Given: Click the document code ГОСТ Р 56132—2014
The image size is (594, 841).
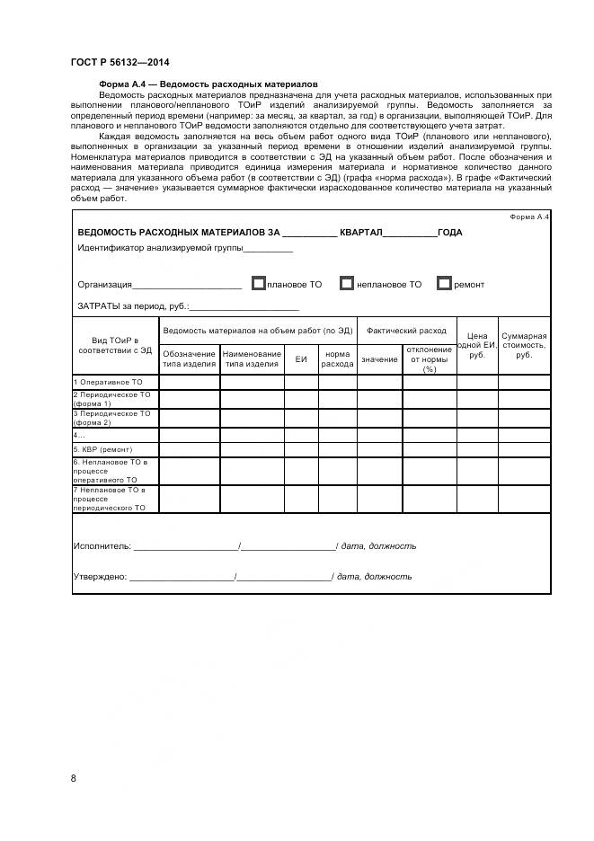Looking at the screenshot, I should point(120,62).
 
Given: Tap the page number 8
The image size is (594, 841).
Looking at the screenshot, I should point(73,777).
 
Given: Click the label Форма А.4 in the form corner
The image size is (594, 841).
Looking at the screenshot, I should point(528,217).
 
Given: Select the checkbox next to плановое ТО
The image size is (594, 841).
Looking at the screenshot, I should point(259,284).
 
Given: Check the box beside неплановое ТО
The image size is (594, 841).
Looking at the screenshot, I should point(346,284).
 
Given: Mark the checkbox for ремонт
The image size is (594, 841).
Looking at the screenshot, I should point(443,284).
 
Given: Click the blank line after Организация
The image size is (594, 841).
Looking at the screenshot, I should point(187,286).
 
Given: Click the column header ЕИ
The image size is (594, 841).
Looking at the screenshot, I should point(301,359).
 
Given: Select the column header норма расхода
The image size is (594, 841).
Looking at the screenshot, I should point(337,359).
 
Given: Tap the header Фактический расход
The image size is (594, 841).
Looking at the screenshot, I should point(406,331).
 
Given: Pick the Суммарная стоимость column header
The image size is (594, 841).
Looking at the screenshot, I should point(524,345).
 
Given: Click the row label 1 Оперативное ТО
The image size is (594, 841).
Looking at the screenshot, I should point(107,382).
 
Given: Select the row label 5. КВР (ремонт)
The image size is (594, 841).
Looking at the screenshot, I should point(102,449).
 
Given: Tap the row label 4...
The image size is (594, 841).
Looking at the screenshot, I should point(79,435).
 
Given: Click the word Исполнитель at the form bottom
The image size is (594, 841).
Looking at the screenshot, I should point(101,545).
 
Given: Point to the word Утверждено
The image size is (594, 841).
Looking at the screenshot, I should point(99,577).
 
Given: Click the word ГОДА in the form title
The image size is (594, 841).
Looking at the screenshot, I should point(449,233).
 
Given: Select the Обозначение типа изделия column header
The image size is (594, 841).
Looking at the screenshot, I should point(189,359).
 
